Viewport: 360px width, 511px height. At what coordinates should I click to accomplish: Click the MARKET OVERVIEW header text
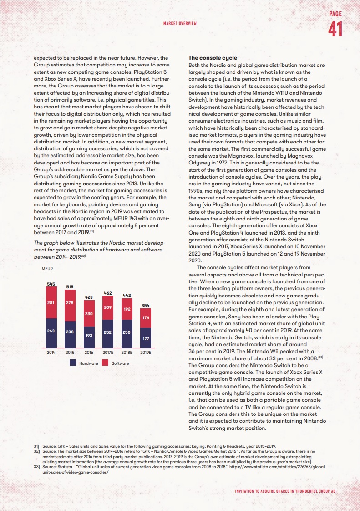(180, 22)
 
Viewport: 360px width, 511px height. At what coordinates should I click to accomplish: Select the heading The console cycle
(213, 58)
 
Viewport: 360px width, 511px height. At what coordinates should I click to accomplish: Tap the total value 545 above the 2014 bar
(51, 284)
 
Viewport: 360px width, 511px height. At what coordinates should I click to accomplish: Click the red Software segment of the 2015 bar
(70, 302)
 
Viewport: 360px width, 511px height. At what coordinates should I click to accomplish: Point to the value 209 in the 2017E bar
(108, 308)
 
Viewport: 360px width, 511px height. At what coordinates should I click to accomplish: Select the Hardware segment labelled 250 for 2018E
(127, 332)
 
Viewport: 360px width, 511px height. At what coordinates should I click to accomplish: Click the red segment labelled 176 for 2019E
(146, 317)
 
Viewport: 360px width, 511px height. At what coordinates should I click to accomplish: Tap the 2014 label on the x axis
(51, 353)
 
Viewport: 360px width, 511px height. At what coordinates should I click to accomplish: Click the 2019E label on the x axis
(146, 353)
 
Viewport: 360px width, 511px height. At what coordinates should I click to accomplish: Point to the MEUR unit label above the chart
(47, 269)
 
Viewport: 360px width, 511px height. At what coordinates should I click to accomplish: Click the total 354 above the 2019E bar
(146, 305)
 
